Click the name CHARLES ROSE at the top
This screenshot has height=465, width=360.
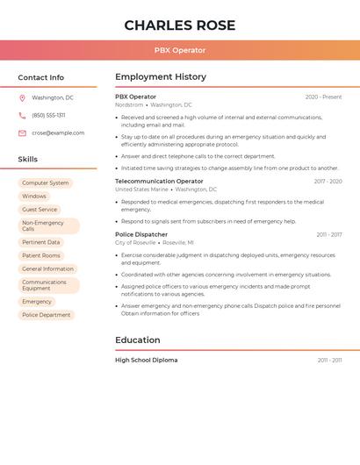pyautogui.click(x=179, y=25)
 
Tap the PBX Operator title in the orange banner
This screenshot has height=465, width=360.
pyautogui.click(x=179, y=50)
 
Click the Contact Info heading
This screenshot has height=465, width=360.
pyautogui.click(x=40, y=77)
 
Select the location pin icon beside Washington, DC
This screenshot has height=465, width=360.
pyautogui.click(x=22, y=97)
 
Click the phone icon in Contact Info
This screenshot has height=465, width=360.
pyautogui.click(x=22, y=115)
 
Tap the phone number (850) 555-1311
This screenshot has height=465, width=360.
pyautogui.click(x=48, y=115)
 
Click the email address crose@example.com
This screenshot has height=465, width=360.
pyautogui.click(x=58, y=132)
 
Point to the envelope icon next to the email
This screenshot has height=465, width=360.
pyautogui.click(x=22, y=132)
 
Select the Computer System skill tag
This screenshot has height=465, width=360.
pyautogui.click(x=45, y=183)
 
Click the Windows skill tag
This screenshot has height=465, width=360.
pyautogui.click(x=34, y=197)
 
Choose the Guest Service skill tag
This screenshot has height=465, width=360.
pyautogui.click(x=40, y=210)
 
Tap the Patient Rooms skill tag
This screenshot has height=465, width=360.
pyautogui.click(x=41, y=255)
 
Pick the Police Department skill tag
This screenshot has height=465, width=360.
pyautogui.click(x=47, y=314)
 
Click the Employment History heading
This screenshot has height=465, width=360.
pyautogui.click(x=160, y=77)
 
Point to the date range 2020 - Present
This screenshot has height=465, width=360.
pyautogui.click(x=323, y=97)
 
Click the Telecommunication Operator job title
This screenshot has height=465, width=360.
pyautogui.click(x=159, y=181)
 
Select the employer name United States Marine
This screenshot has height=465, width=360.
pyautogui.click(x=141, y=190)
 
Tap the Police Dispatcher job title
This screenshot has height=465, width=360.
pyautogui.click(x=141, y=234)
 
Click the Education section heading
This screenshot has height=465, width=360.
pyautogui.click(x=137, y=340)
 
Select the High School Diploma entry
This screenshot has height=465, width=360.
pyautogui.click(x=146, y=360)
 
